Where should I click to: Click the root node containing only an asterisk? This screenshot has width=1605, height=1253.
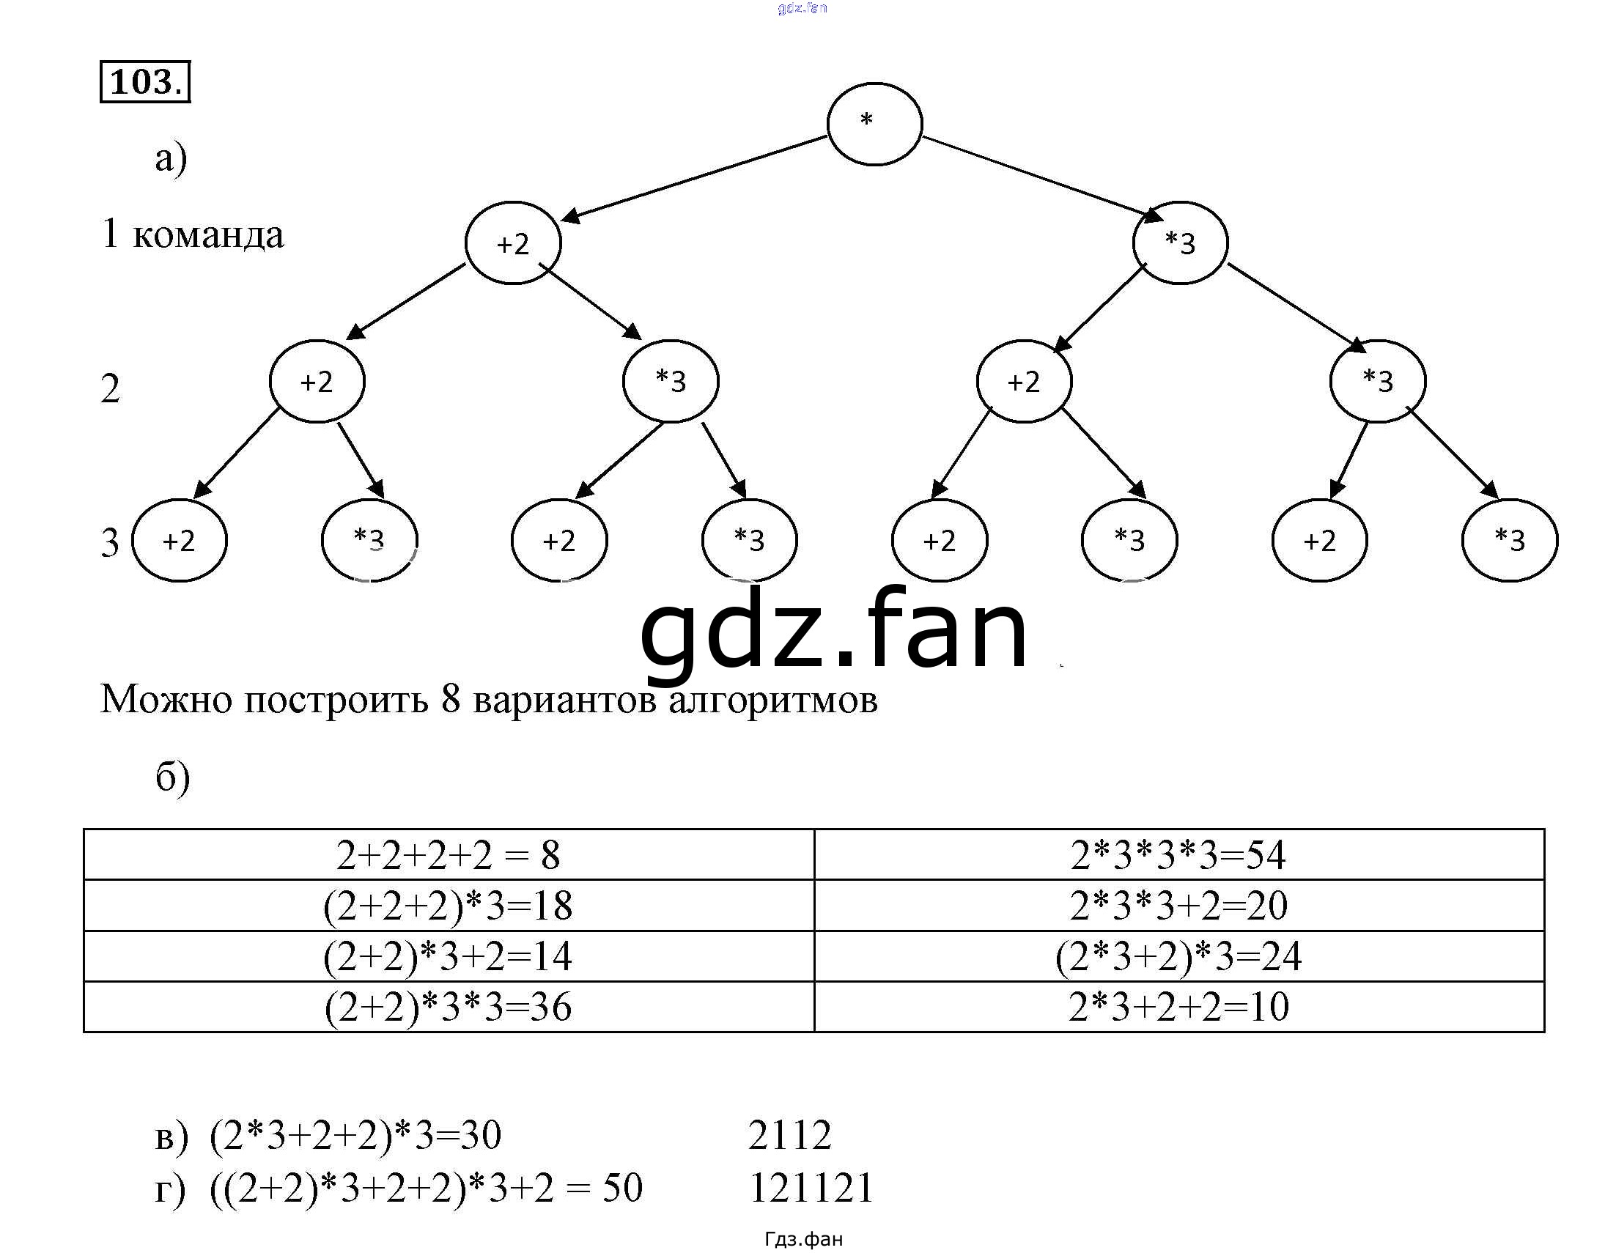pyautogui.click(x=874, y=123)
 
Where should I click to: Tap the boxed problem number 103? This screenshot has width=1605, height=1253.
pyautogui.click(x=145, y=81)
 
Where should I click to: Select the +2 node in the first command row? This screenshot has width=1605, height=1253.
pyautogui.click(x=513, y=243)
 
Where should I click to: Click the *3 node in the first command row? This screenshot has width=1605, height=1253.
pyautogui.click(x=1180, y=243)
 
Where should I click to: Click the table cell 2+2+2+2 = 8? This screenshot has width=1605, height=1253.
pyautogui.click(x=449, y=854)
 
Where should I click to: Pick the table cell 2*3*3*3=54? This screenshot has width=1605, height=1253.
pyautogui.click(x=1178, y=854)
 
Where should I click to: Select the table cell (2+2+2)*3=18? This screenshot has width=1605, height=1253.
pyautogui.click(x=449, y=906)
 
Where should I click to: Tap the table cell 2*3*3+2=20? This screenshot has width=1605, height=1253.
pyautogui.click(x=1178, y=906)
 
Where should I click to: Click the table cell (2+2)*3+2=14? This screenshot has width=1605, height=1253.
pyautogui.click(x=449, y=956)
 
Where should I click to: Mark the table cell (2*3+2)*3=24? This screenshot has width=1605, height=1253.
pyautogui.click(x=1178, y=956)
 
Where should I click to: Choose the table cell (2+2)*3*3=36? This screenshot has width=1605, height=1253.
pyautogui.click(x=449, y=1007)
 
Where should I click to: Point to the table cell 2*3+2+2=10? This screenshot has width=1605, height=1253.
pyautogui.click(x=1178, y=1007)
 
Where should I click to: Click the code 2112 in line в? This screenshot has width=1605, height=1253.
pyautogui.click(x=790, y=1136)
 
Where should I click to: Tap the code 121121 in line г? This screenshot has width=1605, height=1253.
pyautogui.click(x=811, y=1189)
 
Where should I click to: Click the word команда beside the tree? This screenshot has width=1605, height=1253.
pyautogui.click(x=208, y=235)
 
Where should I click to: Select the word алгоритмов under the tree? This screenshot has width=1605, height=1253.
pyautogui.click(x=773, y=700)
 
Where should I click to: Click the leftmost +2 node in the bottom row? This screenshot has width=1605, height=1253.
pyautogui.click(x=180, y=541)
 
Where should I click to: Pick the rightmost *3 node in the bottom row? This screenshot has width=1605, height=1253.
pyautogui.click(x=1510, y=541)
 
